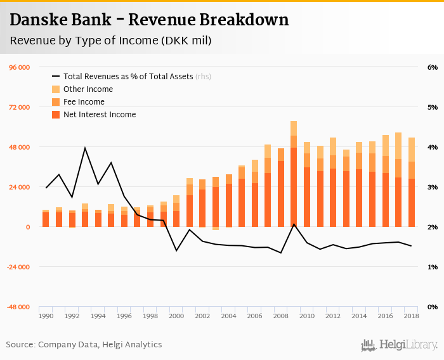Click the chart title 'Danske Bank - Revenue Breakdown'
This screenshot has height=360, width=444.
click(149, 20)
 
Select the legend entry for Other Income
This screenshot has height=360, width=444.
click(88, 89)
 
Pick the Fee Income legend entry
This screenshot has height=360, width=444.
click(84, 102)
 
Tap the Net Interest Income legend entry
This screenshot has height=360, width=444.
click(100, 115)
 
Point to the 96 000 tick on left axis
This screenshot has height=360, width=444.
click(19, 67)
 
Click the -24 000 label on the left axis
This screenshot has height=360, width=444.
click(19, 267)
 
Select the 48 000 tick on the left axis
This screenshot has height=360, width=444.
click(19, 147)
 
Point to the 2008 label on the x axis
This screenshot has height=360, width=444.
click(280, 316)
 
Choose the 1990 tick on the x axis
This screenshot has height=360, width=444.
click(46, 316)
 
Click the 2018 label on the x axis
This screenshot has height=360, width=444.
click(411, 316)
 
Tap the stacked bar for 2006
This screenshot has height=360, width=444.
click(254, 193)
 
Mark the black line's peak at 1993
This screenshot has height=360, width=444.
click(85, 148)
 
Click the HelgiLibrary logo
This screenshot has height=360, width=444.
click(399, 345)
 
